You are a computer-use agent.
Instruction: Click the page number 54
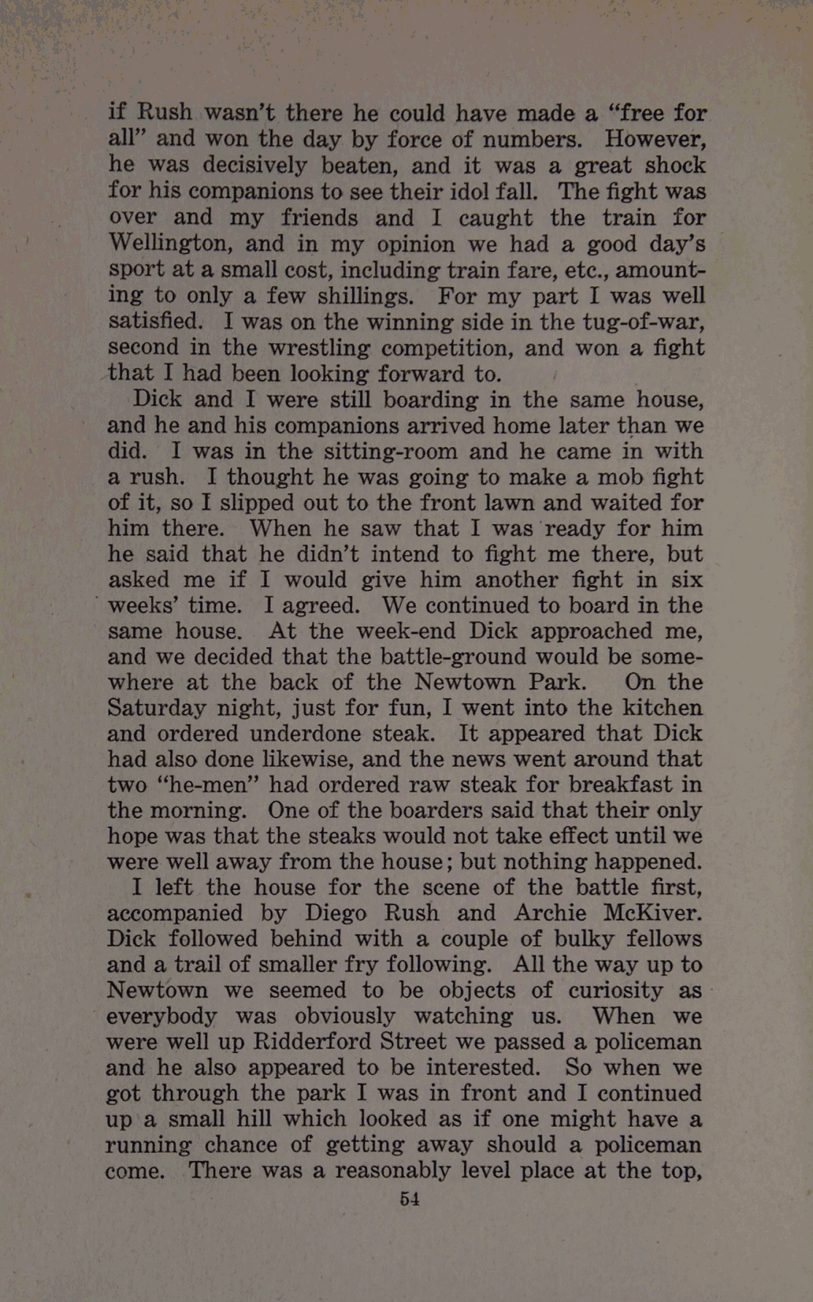pyautogui.click(x=409, y=1198)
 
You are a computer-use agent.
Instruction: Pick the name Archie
pyautogui.click(x=550, y=913)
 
